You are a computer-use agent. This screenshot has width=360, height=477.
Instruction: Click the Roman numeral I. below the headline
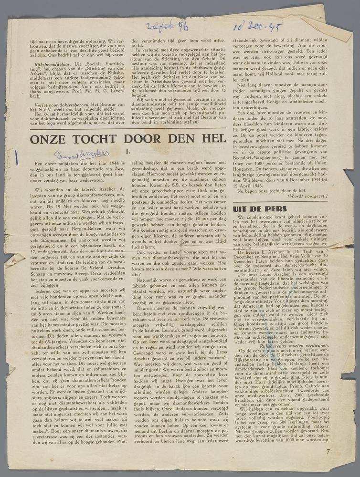pos(127,152)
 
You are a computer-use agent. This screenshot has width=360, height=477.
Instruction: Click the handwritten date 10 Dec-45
pos(257,27)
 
